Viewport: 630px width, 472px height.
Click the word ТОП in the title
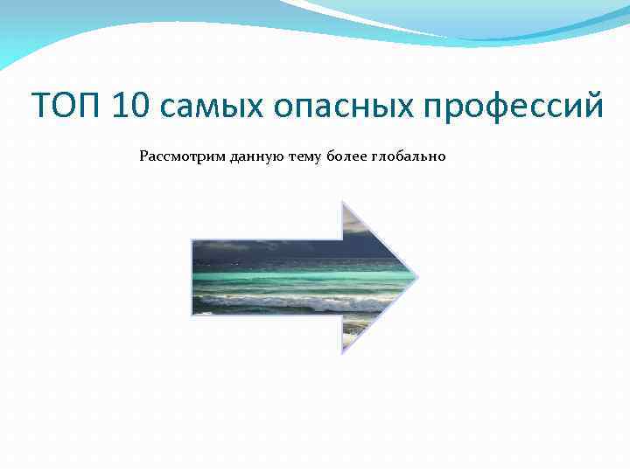coord(64,107)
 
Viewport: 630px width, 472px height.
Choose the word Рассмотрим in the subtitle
coord(182,157)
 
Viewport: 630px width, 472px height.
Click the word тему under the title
coord(303,157)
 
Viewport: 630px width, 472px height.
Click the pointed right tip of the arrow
coord(417,278)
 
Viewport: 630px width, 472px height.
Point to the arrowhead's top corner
coord(342,204)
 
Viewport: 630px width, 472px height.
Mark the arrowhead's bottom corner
coord(342,352)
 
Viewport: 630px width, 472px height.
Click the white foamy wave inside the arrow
coord(289,304)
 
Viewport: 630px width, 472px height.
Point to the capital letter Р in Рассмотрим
coord(143,157)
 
